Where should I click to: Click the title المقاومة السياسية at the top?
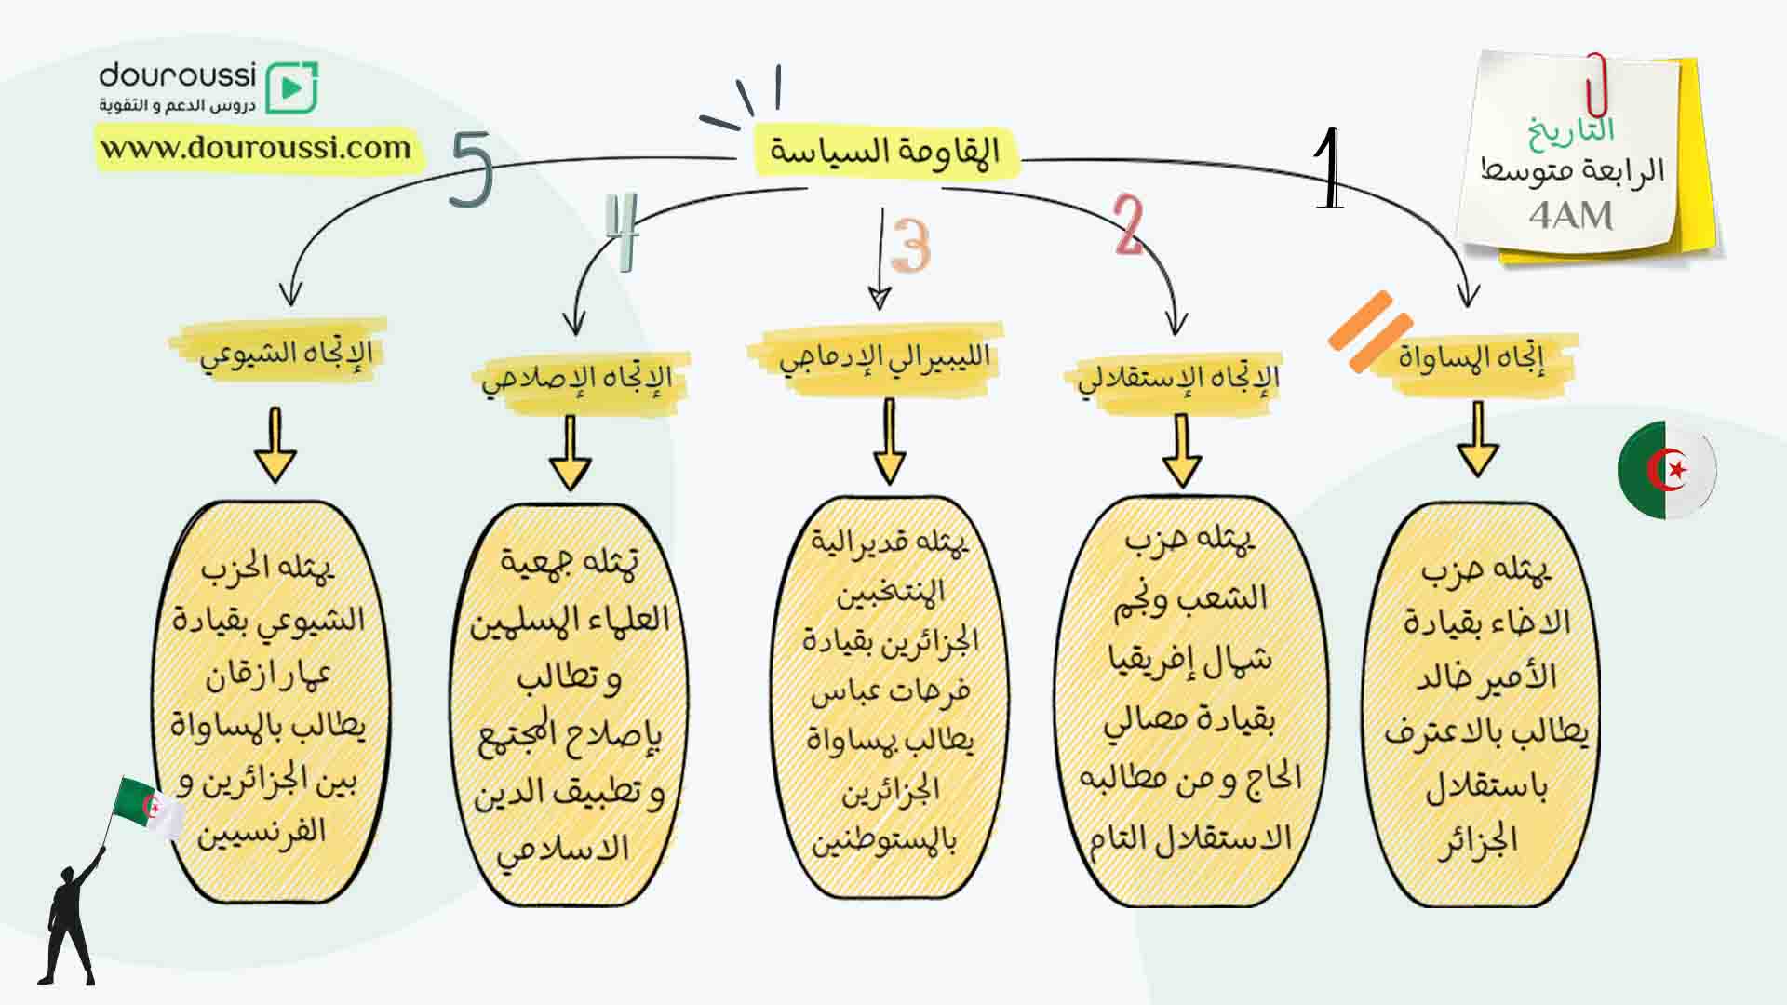point(884,151)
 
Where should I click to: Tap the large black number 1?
point(1329,168)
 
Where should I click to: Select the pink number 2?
point(1129,225)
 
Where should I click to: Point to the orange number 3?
point(910,245)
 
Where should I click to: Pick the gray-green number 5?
point(471,167)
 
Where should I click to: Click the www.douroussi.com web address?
point(256,148)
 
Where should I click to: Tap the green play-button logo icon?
point(291,88)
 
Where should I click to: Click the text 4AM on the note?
point(1570,216)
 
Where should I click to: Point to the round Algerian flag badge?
point(1667,470)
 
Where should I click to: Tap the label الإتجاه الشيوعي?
point(287,354)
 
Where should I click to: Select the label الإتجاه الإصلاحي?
point(577,379)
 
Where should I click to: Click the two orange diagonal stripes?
point(1370,333)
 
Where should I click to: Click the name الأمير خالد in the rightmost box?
point(1486,677)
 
